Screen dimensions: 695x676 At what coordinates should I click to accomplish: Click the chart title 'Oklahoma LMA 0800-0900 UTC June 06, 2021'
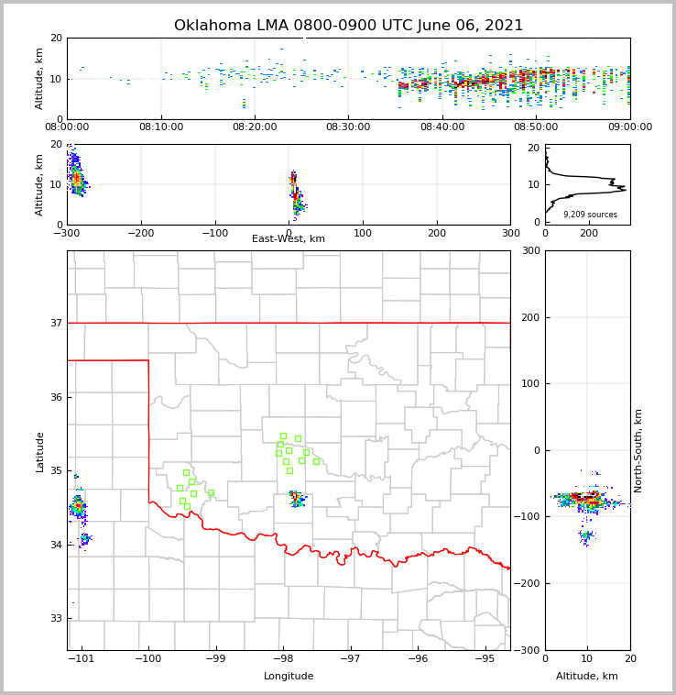click(x=348, y=26)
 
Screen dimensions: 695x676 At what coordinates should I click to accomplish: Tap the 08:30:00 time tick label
click(x=348, y=127)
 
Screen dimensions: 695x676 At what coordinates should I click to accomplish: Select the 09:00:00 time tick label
click(x=629, y=127)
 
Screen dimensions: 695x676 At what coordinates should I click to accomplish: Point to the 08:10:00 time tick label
click(x=161, y=127)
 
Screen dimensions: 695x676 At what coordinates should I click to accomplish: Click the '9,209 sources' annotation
click(x=590, y=215)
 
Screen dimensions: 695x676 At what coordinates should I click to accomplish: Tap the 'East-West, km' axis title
click(x=289, y=239)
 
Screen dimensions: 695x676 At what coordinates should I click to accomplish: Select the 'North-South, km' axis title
click(x=638, y=450)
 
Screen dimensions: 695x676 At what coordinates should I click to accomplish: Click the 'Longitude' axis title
click(x=289, y=677)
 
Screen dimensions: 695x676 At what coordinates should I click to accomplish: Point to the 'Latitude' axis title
click(x=39, y=451)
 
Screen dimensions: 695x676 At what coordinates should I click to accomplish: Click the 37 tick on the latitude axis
click(x=56, y=323)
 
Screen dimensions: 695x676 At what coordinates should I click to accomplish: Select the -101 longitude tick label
click(x=82, y=658)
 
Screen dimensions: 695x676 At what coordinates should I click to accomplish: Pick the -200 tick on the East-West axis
click(x=141, y=233)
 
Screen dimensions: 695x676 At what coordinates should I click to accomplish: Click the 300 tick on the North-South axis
click(x=529, y=251)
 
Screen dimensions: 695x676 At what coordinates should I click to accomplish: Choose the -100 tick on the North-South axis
click(x=528, y=517)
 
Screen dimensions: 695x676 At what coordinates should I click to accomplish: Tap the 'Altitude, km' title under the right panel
click(x=587, y=677)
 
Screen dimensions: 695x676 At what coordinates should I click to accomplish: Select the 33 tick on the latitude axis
click(x=56, y=618)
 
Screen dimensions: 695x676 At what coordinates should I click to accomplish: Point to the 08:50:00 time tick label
click(x=536, y=127)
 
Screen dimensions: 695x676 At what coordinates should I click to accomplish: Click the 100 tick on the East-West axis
click(x=363, y=233)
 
